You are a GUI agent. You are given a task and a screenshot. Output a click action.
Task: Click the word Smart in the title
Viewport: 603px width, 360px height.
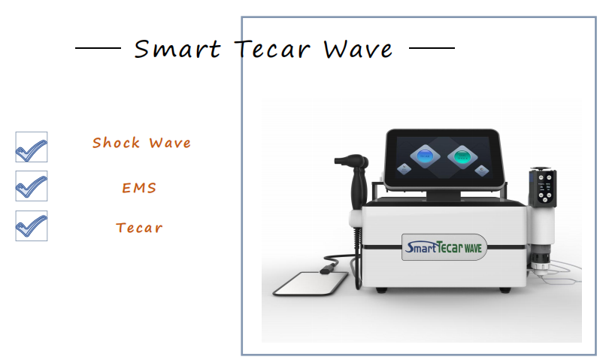pyautogui.click(x=177, y=49)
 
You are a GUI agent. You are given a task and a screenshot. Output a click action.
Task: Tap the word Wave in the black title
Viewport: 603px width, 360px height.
pyautogui.click(x=358, y=50)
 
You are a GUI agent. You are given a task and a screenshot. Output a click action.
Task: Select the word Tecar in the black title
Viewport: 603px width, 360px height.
pyautogui.click(x=272, y=49)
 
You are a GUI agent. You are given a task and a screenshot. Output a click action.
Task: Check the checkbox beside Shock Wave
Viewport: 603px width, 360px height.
pyautogui.click(x=32, y=147)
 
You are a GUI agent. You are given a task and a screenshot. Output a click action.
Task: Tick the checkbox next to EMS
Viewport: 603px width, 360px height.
pyautogui.click(x=32, y=186)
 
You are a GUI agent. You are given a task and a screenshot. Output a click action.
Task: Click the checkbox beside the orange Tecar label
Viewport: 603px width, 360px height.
pyautogui.click(x=32, y=225)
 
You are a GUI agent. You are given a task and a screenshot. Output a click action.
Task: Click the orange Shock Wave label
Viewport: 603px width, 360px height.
pyautogui.click(x=141, y=143)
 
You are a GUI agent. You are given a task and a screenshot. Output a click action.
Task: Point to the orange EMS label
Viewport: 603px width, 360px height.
pyautogui.click(x=139, y=188)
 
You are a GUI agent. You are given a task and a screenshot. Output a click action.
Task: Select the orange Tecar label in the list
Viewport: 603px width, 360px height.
pyautogui.click(x=139, y=228)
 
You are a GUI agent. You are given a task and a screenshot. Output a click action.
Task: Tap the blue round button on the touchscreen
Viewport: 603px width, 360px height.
pyautogui.click(x=425, y=156)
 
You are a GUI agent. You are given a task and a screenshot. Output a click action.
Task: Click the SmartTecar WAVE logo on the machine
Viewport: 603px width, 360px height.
pyautogui.click(x=444, y=247)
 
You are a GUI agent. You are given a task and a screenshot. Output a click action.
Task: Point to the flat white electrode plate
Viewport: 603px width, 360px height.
pyautogui.click(x=311, y=283)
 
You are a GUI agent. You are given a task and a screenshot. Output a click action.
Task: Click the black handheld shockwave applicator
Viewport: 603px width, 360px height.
pyautogui.click(x=355, y=181)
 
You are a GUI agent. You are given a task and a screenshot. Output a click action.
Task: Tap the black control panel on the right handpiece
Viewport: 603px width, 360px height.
pyautogui.click(x=543, y=188)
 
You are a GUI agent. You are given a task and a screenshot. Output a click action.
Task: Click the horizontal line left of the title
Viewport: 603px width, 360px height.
pyautogui.click(x=98, y=48)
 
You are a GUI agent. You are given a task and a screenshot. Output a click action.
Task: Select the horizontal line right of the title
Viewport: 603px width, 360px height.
pyautogui.click(x=432, y=48)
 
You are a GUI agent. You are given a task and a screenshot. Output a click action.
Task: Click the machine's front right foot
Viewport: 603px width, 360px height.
pyautogui.click(x=505, y=290)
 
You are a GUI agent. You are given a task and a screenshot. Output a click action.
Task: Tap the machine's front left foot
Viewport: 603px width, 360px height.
pyautogui.click(x=381, y=290)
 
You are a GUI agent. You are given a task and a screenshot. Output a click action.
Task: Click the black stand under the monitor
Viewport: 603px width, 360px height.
pyautogui.click(x=443, y=195)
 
